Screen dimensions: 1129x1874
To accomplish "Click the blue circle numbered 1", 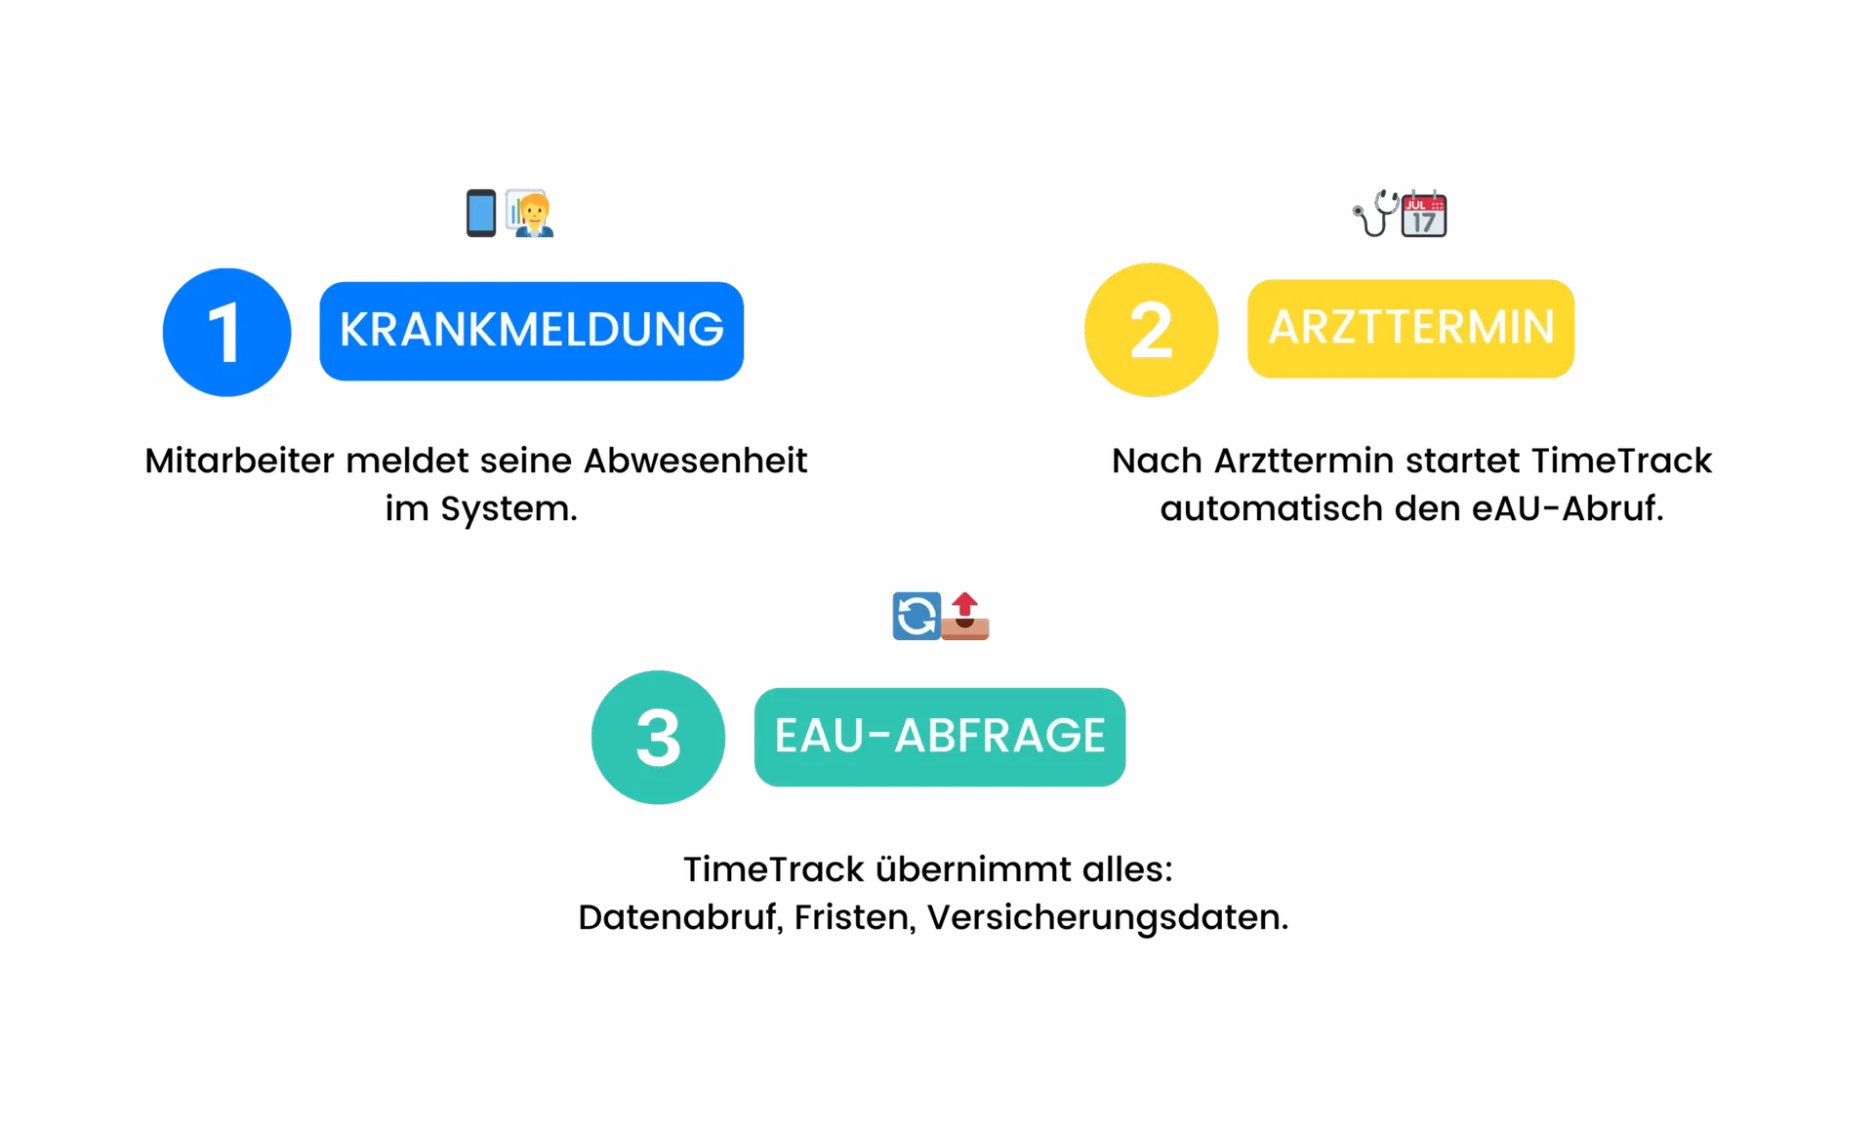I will click(226, 332).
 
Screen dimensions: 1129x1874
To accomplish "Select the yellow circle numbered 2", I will click(1151, 330).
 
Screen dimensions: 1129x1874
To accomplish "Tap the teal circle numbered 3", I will click(658, 737).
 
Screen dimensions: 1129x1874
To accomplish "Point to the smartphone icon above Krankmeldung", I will click(480, 213).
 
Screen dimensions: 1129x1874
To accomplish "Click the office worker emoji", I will click(530, 213).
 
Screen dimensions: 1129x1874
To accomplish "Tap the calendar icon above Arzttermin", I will click(1424, 214).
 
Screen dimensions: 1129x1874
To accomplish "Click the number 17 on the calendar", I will click(1424, 222).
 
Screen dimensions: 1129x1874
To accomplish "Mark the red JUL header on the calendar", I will click(1416, 204).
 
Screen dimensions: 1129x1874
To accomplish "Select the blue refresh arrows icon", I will click(917, 616).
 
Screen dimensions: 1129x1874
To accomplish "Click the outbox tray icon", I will click(965, 625).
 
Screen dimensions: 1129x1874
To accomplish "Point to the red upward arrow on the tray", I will click(965, 604).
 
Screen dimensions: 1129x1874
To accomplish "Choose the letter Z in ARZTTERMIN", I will click(1351, 327).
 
